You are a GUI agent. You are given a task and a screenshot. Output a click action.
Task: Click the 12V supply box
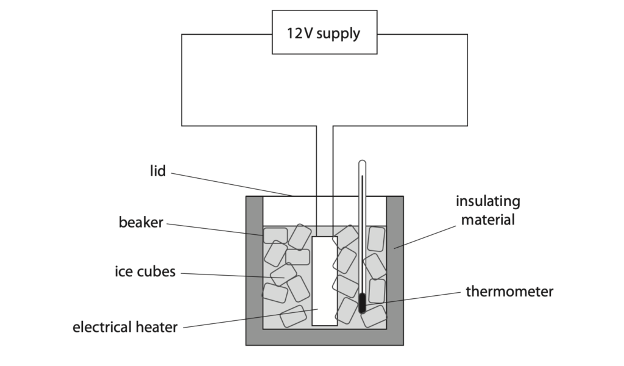pyautogui.click(x=324, y=32)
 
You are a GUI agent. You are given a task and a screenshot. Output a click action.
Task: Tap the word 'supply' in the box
pyautogui.click(x=338, y=34)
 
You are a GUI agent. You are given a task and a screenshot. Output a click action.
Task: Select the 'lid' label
pyautogui.click(x=158, y=171)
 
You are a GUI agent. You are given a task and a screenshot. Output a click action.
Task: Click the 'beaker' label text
pyautogui.click(x=141, y=222)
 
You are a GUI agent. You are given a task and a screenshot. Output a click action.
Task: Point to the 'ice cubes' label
pyautogui.click(x=145, y=271)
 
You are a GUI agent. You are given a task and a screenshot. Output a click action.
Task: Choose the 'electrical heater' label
pyautogui.click(x=125, y=327)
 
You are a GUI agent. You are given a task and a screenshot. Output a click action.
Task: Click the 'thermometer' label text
pyautogui.click(x=509, y=292)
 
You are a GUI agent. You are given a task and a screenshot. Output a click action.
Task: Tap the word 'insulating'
pyautogui.click(x=488, y=201)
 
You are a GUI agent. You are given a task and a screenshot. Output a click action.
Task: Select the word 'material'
pyautogui.click(x=488, y=220)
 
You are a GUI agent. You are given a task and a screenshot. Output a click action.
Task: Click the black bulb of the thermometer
pyautogui.click(x=362, y=303)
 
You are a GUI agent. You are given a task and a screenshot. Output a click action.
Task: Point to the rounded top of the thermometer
pyautogui.click(x=362, y=163)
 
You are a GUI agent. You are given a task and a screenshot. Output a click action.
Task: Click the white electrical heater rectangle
pyautogui.click(x=325, y=281)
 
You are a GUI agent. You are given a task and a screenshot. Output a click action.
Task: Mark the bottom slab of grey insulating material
pyautogui.click(x=325, y=337)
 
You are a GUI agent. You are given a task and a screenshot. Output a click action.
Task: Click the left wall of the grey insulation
pyautogui.click(x=254, y=270)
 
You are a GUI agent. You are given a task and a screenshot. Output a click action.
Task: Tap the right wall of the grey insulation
pyautogui.click(x=395, y=270)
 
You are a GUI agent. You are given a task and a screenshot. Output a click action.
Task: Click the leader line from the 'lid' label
pyautogui.click(x=232, y=184)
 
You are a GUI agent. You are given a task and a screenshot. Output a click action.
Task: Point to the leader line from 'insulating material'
pyautogui.click(x=425, y=237)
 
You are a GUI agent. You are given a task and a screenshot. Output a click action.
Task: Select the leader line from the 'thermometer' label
pyautogui.click(x=413, y=301)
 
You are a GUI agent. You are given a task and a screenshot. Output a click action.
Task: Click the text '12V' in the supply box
pyautogui.click(x=300, y=33)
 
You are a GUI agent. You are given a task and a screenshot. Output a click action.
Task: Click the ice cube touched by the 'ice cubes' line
pyautogui.click(x=283, y=274)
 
